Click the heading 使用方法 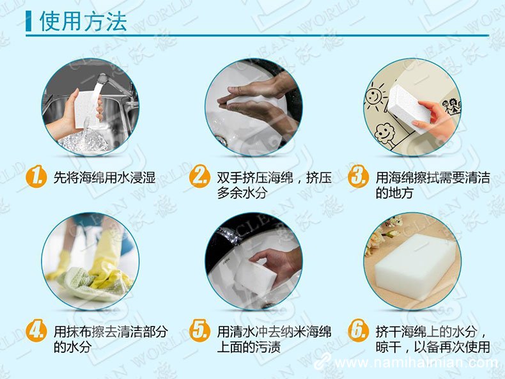83,20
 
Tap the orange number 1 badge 36,176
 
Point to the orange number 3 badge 358,176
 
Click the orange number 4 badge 36,331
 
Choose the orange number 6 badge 358,331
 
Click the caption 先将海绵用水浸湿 104,177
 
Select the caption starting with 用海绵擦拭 432,185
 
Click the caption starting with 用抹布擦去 111,339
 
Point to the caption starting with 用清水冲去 274,339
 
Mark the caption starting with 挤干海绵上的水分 432,339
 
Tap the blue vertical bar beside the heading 29,20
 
